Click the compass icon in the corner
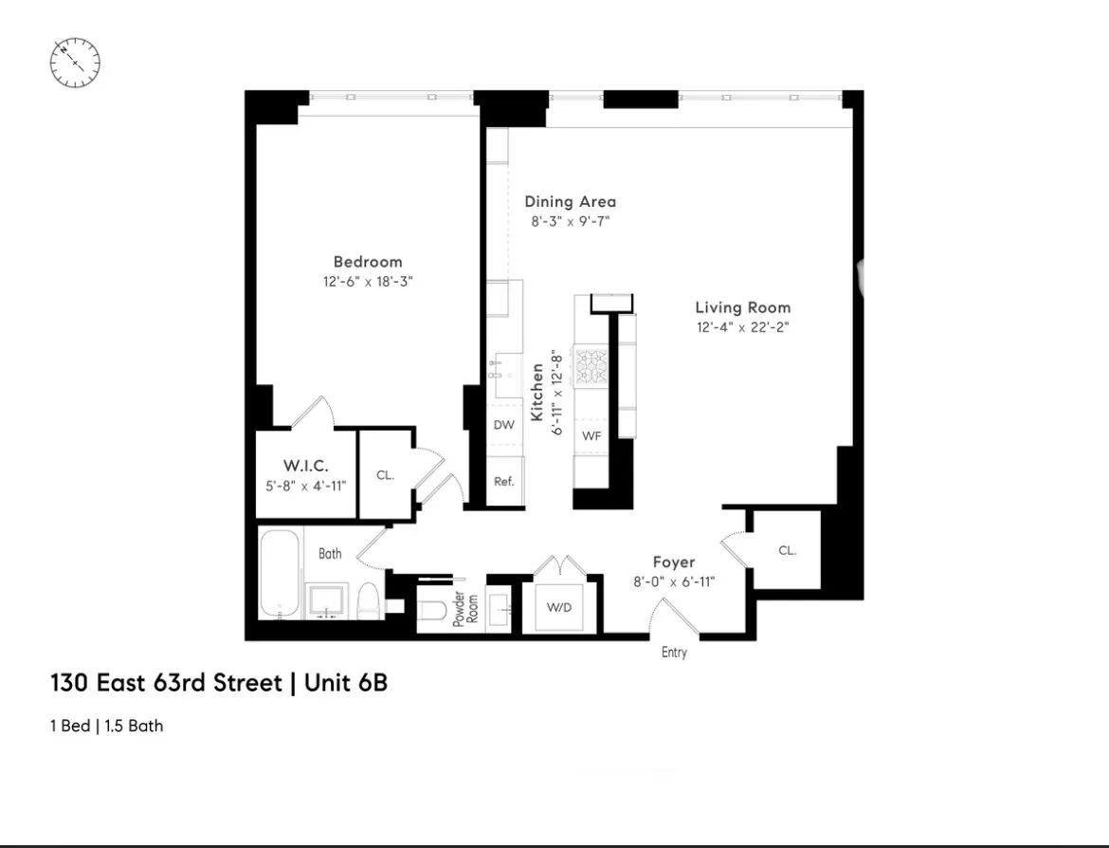point(75,63)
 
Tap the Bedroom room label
point(367,262)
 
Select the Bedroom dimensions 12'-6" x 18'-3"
point(367,282)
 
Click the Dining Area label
point(570,201)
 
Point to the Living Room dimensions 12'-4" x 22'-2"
point(742,327)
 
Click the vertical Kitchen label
point(537,393)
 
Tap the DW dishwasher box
point(503,425)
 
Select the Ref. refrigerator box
point(503,482)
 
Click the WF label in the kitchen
point(591,436)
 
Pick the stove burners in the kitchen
point(591,368)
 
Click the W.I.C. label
point(305,466)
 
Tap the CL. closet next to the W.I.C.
point(385,475)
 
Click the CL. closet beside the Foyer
point(787,550)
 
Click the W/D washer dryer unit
point(559,605)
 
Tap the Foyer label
point(673,562)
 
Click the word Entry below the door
point(674,653)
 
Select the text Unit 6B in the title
point(346,683)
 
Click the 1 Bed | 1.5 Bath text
point(106,727)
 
